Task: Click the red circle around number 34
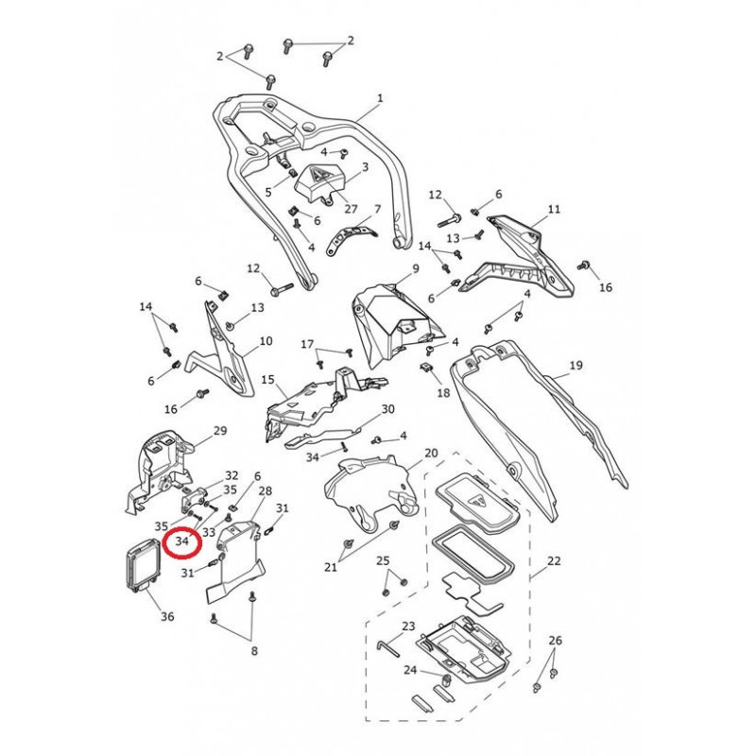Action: [182, 541]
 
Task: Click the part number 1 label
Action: [380, 98]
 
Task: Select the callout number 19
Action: [576, 365]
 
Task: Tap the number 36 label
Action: [166, 617]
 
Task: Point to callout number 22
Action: [554, 561]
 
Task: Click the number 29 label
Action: [220, 430]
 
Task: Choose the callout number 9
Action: [413, 269]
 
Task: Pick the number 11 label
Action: [554, 209]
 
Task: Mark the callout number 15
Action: [267, 380]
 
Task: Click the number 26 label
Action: [555, 641]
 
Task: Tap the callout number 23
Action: [408, 626]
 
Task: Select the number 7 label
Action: [376, 209]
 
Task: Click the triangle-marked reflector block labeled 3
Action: [321, 182]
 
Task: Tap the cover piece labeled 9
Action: [392, 321]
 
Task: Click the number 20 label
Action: [431, 454]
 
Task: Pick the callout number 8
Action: [253, 650]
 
